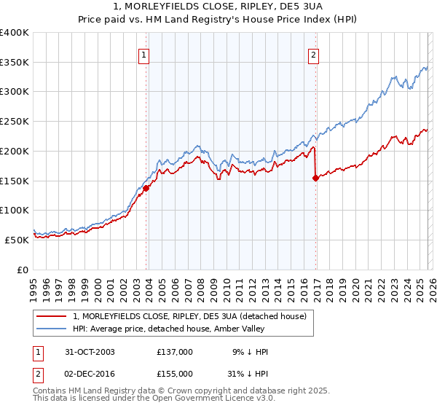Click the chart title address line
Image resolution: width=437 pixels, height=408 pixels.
coord(218,7)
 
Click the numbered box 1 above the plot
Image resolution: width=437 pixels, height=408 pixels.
coord(143,55)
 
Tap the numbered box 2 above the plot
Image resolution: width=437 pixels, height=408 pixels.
coord(313,55)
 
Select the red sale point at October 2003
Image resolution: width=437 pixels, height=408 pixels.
coord(146,188)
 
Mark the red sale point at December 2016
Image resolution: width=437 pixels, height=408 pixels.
coord(315,177)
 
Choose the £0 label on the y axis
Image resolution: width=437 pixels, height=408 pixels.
coord(23,270)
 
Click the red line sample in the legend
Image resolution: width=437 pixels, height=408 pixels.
coord(51,316)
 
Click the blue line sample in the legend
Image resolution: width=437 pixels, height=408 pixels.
coord(51,329)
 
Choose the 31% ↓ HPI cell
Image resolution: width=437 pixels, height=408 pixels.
coord(248,372)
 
